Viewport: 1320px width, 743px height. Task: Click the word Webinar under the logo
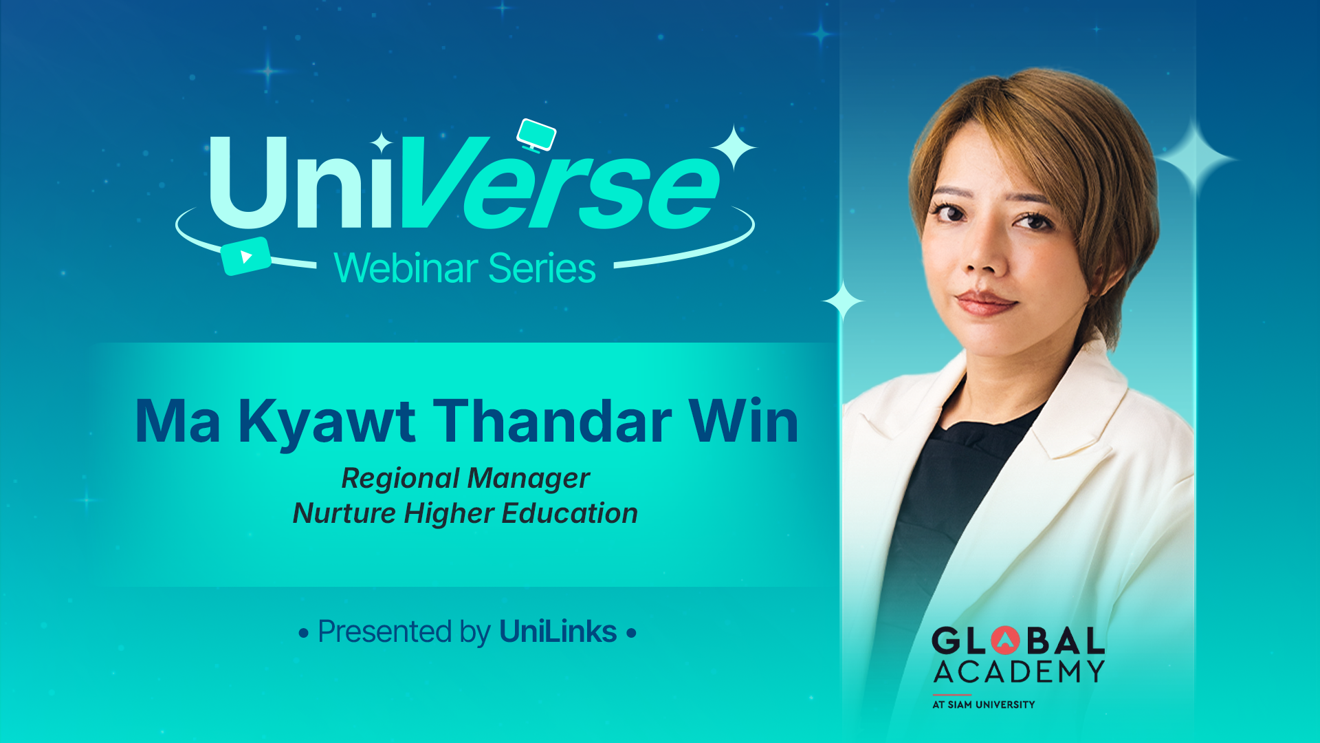(x=406, y=268)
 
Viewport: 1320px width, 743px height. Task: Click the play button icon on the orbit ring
(x=245, y=257)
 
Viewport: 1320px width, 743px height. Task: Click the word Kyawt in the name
(x=327, y=421)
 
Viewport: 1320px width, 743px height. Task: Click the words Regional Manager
(x=465, y=478)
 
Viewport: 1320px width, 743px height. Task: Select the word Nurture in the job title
(x=344, y=513)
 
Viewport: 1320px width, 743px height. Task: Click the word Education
(x=569, y=513)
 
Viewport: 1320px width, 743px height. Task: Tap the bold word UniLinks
(x=558, y=632)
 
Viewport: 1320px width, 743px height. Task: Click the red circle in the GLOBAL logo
(x=1005, y=640)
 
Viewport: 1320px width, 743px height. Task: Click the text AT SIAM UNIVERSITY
(x=983, y=704)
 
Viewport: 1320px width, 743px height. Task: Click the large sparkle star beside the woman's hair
(x=1196, y=159)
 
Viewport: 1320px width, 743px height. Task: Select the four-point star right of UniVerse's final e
(x=734, y=147)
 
